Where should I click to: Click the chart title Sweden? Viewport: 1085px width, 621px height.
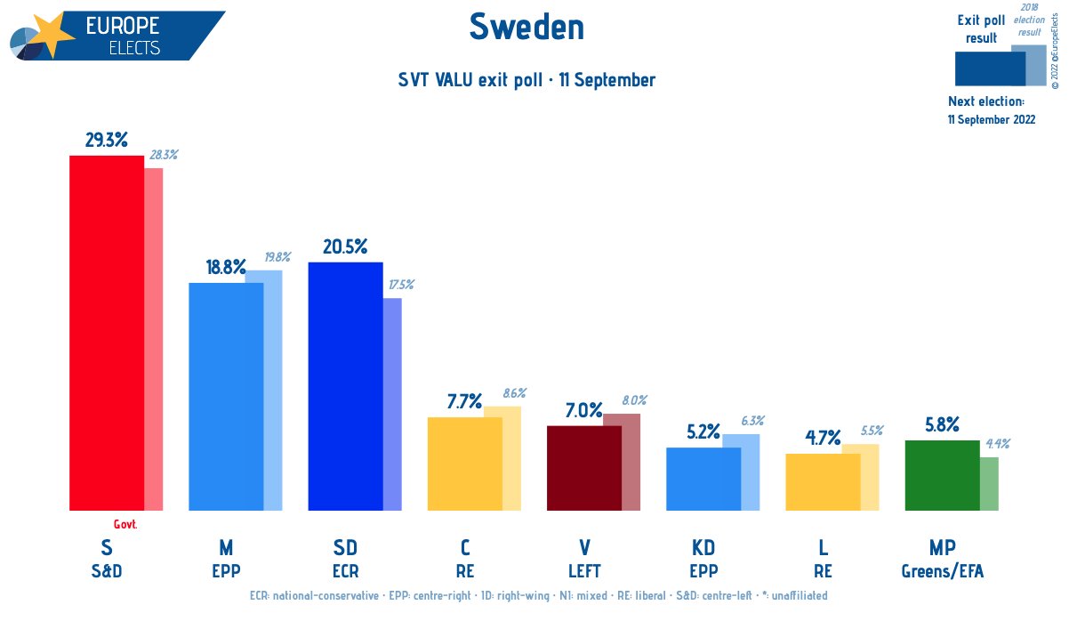[526, 28]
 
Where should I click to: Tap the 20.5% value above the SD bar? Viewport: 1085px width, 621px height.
[345, 247]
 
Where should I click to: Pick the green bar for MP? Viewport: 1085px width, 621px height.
[942, 475]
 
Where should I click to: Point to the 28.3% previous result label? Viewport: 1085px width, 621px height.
[164, 154]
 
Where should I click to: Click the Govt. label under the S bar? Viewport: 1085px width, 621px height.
[125, 524]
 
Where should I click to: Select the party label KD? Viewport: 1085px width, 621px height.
[703, 547]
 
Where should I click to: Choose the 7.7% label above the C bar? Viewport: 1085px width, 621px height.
[464, 402]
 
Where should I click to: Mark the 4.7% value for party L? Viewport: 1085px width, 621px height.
[823, 440]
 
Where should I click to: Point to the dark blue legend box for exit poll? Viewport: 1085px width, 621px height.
[989, 68]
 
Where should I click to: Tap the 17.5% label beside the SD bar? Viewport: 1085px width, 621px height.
[399, 285]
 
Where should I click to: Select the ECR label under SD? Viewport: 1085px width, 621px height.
[345, 570]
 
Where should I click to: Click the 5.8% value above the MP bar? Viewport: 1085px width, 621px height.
[941, 425]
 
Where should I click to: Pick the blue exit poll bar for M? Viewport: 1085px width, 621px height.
[226, 397]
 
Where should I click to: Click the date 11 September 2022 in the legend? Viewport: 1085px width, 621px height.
[991, 119]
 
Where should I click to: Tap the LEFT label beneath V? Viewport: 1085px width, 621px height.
[583, 570]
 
